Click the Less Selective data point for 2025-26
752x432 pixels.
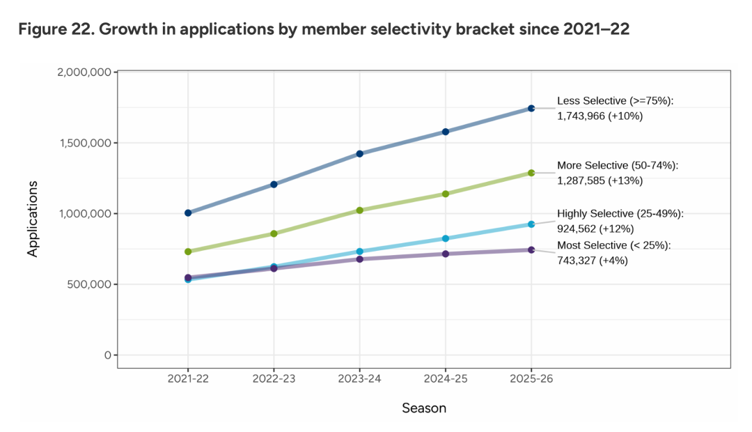coord(531,108)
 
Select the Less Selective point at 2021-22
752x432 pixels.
coord(188,213)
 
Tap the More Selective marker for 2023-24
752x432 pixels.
coord(360,210)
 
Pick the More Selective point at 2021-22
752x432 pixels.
coord(188,252)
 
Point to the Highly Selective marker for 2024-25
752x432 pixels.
coord(446,238)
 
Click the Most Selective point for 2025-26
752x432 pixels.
coord(531,249)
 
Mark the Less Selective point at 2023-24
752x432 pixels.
coord(360,153)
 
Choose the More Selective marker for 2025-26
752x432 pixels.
coord(531,173)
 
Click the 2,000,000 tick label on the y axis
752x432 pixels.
coord(82,72)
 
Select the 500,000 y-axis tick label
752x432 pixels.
coord(87,284)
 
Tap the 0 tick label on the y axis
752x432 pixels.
coord(107,355)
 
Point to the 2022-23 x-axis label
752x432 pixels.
coord(274,378)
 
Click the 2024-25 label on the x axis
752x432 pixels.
coord(446,378)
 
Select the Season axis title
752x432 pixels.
coord(424,408)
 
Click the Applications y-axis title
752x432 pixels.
coord(33,219)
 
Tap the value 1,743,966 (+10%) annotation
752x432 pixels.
coord(600,116)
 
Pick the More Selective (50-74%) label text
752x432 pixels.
coord(618,166)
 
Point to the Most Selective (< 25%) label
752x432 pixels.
coord(613,245)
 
